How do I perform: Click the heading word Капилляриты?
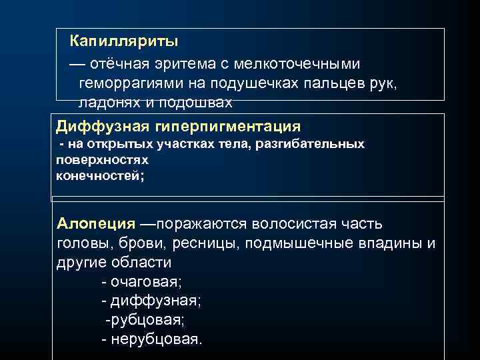coord(124,42)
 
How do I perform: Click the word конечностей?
coord(99,176)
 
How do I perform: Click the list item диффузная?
coord(151,301)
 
